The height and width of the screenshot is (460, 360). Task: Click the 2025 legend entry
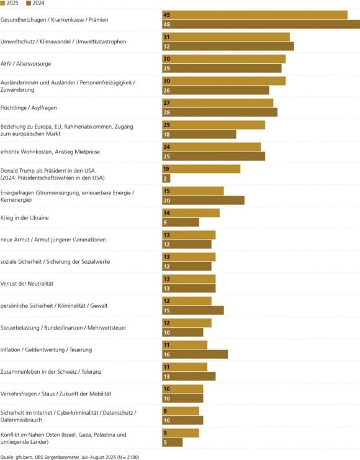click(x=11, y=3)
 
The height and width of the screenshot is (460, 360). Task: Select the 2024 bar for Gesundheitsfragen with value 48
click(x=261, y=24)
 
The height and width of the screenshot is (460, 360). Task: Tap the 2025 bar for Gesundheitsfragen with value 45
click(x=254, y=14)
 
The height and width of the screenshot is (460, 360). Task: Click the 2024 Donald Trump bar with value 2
click(x=166, y=178)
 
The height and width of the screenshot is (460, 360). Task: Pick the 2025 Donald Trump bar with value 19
click(x=201, y=168)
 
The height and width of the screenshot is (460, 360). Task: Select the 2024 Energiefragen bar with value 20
click(x=203, y=200)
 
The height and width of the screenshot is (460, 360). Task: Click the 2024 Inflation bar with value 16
click(x=195, y=354)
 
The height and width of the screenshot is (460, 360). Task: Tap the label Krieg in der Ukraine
click(x=25, y=218)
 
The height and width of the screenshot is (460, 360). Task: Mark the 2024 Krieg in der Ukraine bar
click(x=181, y=222)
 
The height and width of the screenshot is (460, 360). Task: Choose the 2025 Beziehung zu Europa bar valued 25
click(x=214, y=124)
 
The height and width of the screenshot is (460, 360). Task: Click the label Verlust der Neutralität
click(x=28, y=284)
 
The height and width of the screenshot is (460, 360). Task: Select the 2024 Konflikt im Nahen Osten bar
click(x=172, y=442)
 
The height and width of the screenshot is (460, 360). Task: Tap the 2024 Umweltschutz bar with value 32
click(x=228, y=46)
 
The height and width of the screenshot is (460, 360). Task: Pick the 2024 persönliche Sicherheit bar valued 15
click(x=192, y=310)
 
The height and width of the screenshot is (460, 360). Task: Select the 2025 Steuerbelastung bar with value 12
click(x=187, y=323)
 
